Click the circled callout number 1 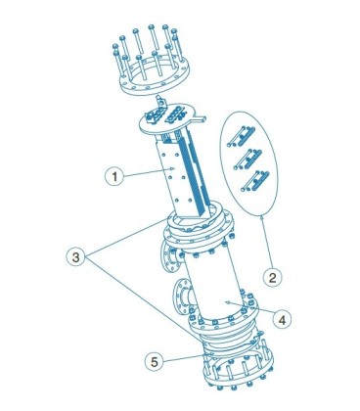tap(114, 176)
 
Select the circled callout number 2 tap(273, 277)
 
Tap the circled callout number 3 tap(75, 257)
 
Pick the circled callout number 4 tap(283, 320)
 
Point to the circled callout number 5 tap(155, 361)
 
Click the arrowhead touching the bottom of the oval tap(261, 215)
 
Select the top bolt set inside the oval tap(242, 136)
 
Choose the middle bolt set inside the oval tap(247, 159)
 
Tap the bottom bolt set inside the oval tap(255, 180)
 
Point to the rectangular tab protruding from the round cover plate tap(200, 118)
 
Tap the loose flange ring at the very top tap(155, 76)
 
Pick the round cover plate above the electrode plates tap(167, 121)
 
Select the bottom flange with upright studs tap(238, 372)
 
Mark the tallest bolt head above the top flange tap(152, 26)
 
